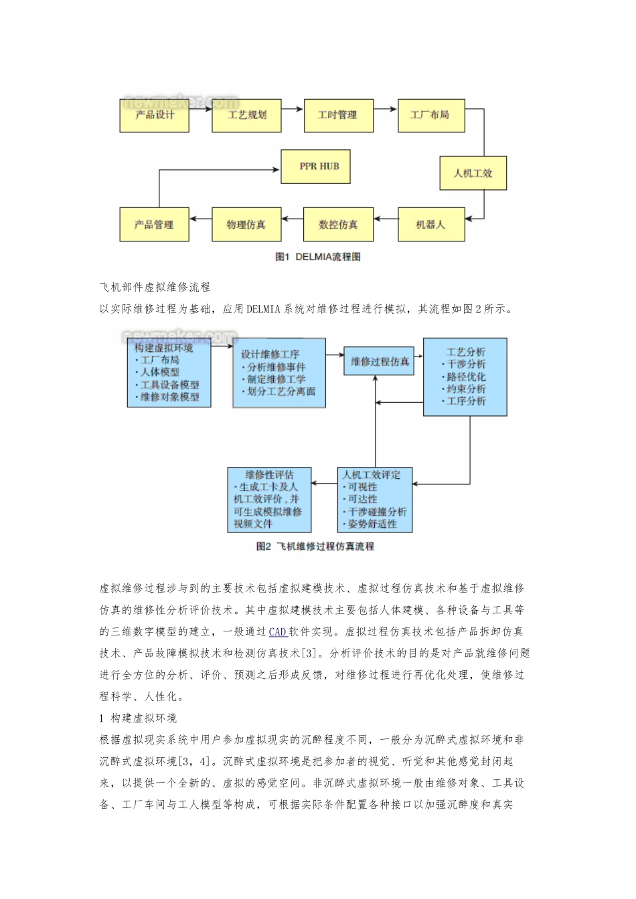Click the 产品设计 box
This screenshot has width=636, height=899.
(x=155, y=116)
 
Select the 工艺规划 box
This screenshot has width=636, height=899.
(x=246, y=116)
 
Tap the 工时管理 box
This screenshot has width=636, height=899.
(x=338, y=116)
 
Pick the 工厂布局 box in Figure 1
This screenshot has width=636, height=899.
(x=430, y=116)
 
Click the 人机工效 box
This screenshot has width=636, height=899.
(x=473, y=173)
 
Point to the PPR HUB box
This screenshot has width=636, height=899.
(x=319, y=167)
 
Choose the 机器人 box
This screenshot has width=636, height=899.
(x=430, y=225)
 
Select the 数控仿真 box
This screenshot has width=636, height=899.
(x=338, y=225)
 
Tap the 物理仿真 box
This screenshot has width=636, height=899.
(x=246, y=225)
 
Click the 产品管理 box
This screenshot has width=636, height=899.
(x=154, y=225)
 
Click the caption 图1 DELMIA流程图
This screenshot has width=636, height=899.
(x=318, y=257)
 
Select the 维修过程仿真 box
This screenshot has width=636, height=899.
(x=380, y=362)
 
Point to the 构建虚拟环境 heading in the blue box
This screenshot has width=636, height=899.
(x=163, y=348)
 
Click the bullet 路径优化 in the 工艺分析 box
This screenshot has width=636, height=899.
(x=467, y=377)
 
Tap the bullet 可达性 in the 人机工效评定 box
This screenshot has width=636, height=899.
(x=362, y=499)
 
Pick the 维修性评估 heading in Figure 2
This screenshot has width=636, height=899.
(x=269, y=475)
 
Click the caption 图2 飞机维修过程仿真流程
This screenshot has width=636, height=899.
(x=315, y=546)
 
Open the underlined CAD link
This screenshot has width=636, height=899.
(x=277, y=631)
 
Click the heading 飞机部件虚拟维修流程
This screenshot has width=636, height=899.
(x=155, y=287)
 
